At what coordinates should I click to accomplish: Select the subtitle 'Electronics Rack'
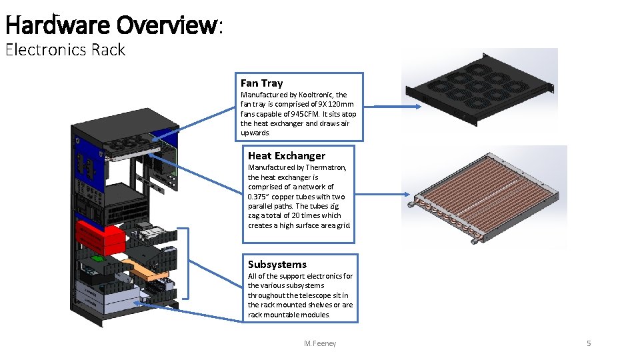(65, 50)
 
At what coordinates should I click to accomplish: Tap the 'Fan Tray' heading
(261, 83)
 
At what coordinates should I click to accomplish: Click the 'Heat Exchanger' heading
(287, 156)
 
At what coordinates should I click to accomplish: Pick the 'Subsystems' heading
(277, 265)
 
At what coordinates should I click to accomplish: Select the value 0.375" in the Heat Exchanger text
(259, 197)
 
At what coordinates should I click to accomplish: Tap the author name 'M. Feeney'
(320, 343)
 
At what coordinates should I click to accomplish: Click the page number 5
(589, 343)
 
